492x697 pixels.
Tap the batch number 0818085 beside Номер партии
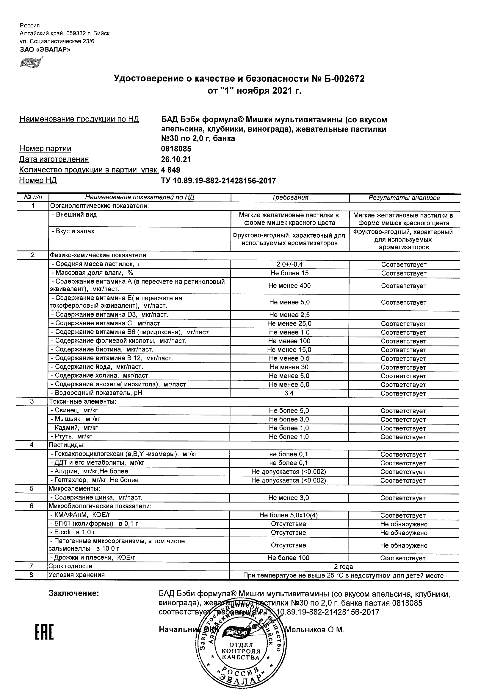coord(176,149)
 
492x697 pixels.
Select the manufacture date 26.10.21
coord(176,159)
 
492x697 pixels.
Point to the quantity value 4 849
coord(170,170)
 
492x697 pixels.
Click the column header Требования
coord(290,197)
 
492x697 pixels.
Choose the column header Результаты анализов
coord(404,198)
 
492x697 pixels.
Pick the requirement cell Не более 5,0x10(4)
coord(289,515)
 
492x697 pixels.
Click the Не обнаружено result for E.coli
coord(404,533)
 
